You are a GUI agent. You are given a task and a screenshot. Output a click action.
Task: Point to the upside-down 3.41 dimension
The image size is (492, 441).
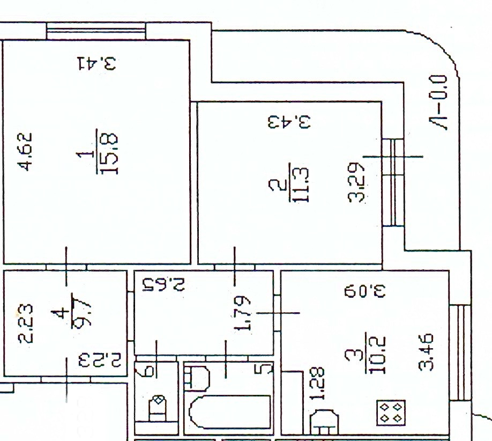(96, 64)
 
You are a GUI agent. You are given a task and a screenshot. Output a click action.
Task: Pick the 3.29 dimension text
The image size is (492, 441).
(357, 182)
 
